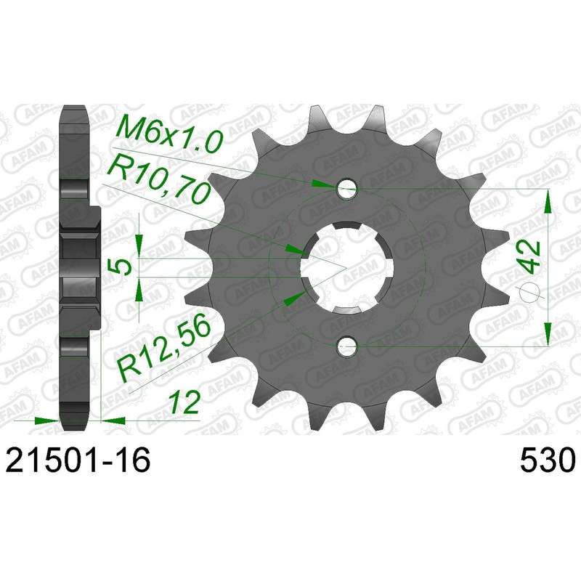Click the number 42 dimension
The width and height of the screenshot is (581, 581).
pyautogui.click(x=531, y=256)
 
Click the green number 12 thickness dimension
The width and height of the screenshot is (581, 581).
pyautogui.click(x=184, y=402)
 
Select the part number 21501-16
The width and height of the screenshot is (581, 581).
pyautogui.click(x=78, y=460)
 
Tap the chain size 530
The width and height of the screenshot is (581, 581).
pyautogui.click(x=548, y=460)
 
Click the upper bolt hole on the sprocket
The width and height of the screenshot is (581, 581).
pyautogui.click(x=347, y=189)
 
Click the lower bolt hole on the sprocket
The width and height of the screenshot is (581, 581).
pyautogui.click(x=347, y=346)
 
